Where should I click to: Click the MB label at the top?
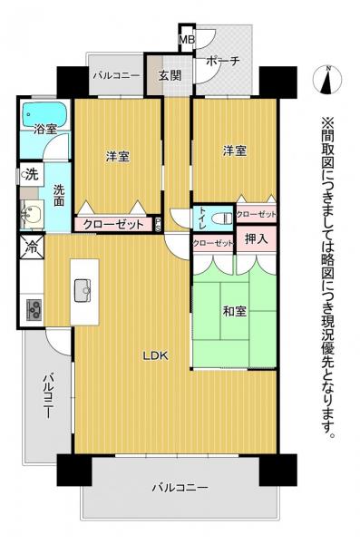[x=187, y=39]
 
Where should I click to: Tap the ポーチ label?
[x=222, y=61]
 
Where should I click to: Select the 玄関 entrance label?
[x=169, y=76]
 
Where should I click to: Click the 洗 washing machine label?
[x=30, y=173]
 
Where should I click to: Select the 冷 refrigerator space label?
[x=31, y=245]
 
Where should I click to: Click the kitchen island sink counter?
[x=84, y=291]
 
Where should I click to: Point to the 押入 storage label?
[x=256, y=240]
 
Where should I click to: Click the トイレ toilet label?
[x=199, y=218]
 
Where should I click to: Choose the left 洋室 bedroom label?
[x=117, y=156]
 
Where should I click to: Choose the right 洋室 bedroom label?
[x=234, y=151]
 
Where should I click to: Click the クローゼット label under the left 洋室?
[x=112, y=226]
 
